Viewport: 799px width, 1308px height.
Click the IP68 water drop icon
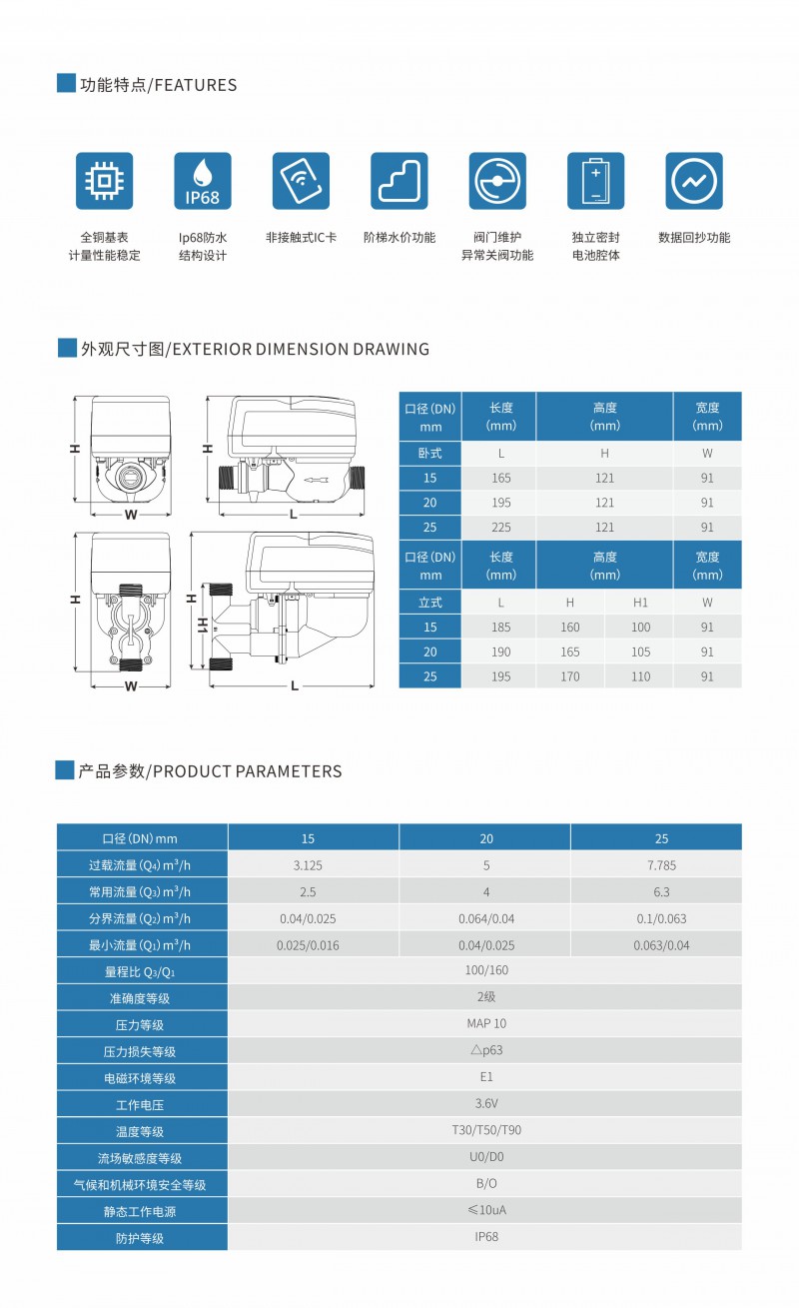pyautogui.click(x=203, y=181)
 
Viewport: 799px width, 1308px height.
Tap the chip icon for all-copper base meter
pyautogui.click(x=105, y=181)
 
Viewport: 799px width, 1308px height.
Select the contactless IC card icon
pyautogui.click(x=301, y=181)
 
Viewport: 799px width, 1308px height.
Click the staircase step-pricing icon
pyautogui.click(x=399, y=181)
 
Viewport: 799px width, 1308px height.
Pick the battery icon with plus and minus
pyautogui.click(x=595, y=181)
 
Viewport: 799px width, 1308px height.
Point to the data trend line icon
pyautogui.click(x=693, y=181)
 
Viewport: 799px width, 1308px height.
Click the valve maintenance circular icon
pyautogui.click(x=497, y=181)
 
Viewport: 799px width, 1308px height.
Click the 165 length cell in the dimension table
pyautogui.click(x=500, y=478)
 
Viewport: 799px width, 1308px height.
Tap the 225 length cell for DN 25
pyautogui.click(x=500, y=528)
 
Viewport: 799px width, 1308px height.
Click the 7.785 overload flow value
pyautogui.click(x=660, y=865)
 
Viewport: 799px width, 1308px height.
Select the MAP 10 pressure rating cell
pyautogui.click(x=485, y=1023)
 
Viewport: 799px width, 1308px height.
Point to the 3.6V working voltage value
pyautogui.click(x=485, y=1103)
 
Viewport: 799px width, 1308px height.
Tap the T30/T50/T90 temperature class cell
pyautogui.click(x=485, y=1130)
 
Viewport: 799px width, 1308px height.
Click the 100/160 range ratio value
pyautogui.click(x=485, y=970)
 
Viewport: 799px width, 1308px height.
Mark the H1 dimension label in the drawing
pyautogui.click(x=201, y=626)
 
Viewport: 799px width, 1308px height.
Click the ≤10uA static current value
pyautogui.click(x=485, y=1210)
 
